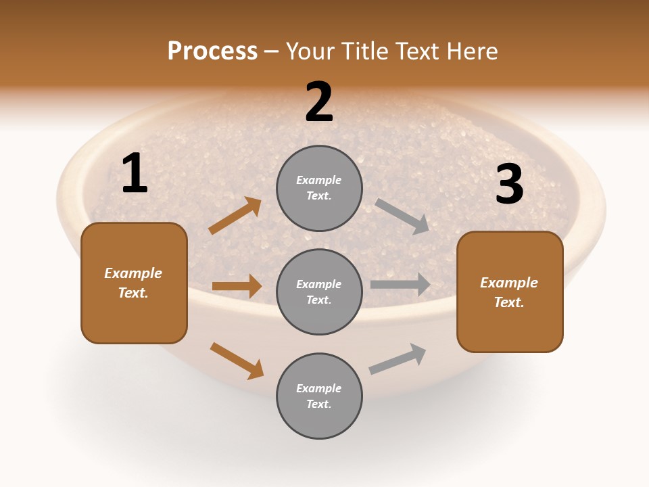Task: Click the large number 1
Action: pos(135,174)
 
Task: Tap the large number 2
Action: pos(319,102)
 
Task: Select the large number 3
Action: pos(509,184)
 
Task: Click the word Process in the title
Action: pos(212,51)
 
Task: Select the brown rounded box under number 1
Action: pos(134,283)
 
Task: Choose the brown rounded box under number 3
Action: pos(510,292)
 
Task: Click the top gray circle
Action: pos(319,188)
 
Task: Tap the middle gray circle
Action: pos(319,292)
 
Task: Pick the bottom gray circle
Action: pos(319,396)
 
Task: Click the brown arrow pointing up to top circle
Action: pos(235,216)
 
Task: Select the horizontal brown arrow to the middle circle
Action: pos(237,286)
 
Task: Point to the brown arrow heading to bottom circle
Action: pos(237,361)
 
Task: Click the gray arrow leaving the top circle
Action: pos(402,216)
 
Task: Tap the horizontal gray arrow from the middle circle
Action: pos(400,285)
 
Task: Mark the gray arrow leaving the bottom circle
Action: pos(398,358)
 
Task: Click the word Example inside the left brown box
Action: pos(133,273)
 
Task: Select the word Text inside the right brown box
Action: pos(508,302)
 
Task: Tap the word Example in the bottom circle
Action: pos(319,388)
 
